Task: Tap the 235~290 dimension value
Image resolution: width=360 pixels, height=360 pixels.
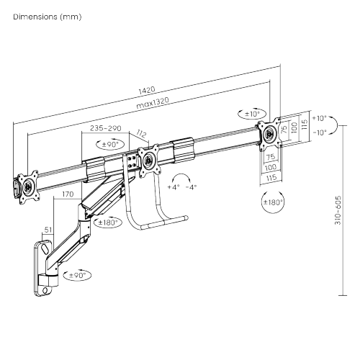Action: [x=106, y=127]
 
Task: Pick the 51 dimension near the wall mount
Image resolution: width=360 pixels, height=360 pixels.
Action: [x=48, y=230]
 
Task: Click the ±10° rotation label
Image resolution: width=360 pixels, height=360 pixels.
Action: [x=253, y=114]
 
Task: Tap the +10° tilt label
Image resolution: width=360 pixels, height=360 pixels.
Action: [x=320, y=117]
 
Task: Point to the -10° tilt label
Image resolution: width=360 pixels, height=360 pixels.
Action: [x=320, y=132]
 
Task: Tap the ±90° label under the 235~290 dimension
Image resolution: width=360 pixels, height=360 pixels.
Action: [x=109, y=144]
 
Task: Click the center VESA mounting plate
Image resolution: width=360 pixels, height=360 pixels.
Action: [x=149, y=160]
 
